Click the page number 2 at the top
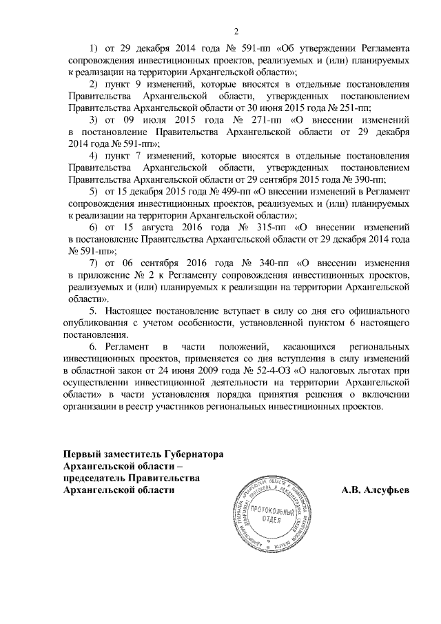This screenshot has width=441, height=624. pos(236,31)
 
